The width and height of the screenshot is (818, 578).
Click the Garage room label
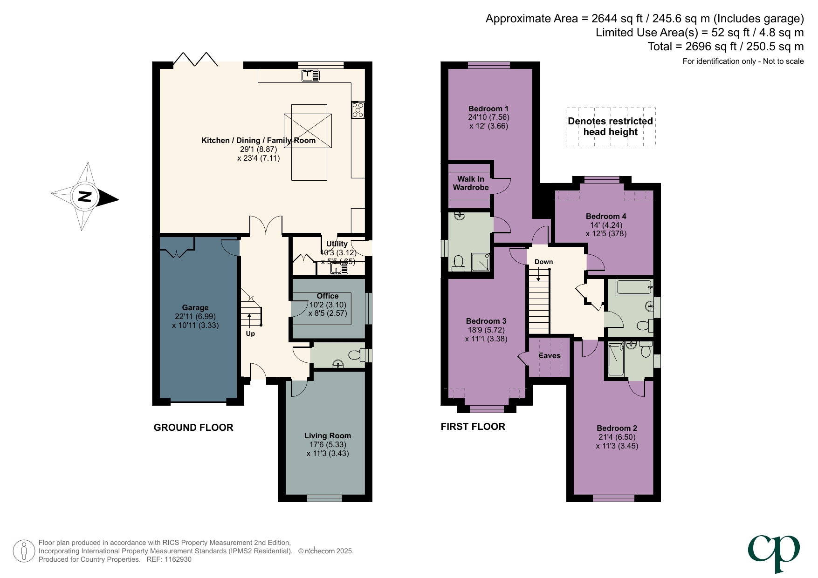pos(195,307)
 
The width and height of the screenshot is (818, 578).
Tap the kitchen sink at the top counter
pos(310,75)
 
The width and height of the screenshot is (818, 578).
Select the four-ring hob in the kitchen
pos(358,110)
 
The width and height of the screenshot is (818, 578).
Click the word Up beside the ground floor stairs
pos(250,333)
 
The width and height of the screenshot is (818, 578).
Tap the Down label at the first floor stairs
pos(543,262)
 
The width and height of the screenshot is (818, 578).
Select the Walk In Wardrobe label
pos(471,183)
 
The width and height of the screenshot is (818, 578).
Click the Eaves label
pos(549,355)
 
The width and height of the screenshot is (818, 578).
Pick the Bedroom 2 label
pos(617,428)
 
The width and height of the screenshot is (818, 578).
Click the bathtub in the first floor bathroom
pos(634,287)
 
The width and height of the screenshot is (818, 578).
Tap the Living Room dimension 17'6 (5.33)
pos(328,444)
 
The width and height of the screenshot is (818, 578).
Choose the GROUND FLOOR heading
pos(193,428)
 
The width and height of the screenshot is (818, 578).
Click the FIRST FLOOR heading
pos(473,427)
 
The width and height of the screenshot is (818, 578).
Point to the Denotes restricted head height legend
pos(610,127)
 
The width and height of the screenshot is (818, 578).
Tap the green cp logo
pos(774,552)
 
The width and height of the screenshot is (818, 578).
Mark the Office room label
pos(327,296)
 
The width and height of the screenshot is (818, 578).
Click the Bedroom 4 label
pos(606,216)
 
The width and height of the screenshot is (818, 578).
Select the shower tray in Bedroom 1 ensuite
pos(481,262)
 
